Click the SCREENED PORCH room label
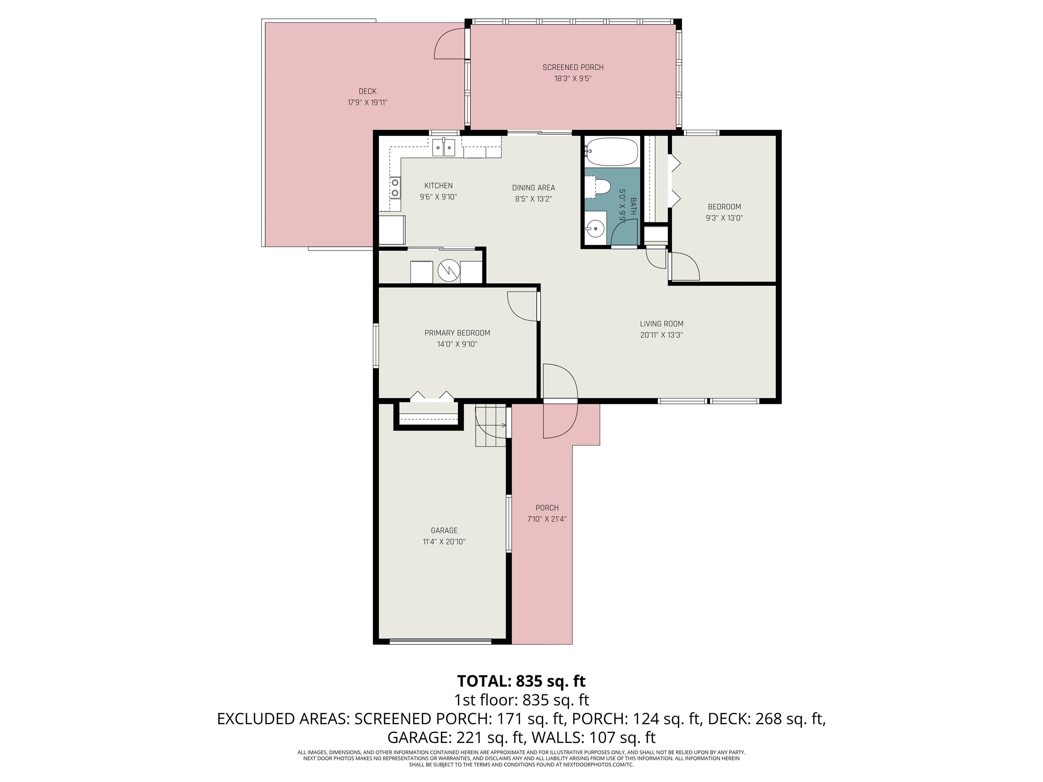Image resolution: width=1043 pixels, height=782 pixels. (x=573, y=68)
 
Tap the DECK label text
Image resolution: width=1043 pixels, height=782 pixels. (x=367, y=91)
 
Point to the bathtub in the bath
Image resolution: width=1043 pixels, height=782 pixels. (x=611, y=152)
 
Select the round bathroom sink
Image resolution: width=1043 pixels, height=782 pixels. (x=596, y=229)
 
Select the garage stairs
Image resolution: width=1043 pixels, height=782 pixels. (x=490, y=426)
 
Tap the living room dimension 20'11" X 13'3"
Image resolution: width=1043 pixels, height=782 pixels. (x=661, y=335)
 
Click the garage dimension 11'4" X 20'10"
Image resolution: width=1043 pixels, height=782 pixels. (x=444, y=542)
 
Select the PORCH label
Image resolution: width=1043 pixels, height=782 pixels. (x=547, y=508)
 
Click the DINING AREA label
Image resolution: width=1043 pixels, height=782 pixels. (x=533, y=188)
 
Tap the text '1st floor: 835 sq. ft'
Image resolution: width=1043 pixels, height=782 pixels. (x=521, y=700)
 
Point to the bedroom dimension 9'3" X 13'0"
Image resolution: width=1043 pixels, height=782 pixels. (x=724, y=218)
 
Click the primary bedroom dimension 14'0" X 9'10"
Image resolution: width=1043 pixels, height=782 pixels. (x=457, y=344)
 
